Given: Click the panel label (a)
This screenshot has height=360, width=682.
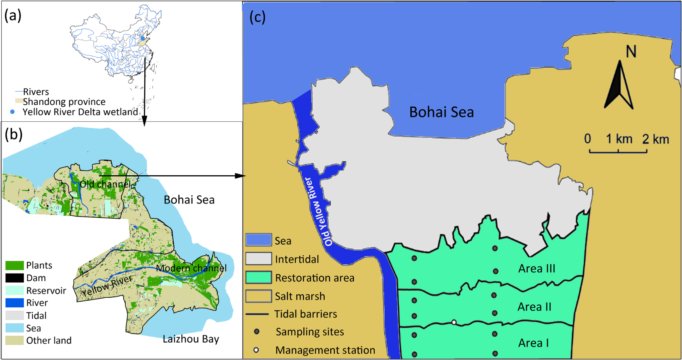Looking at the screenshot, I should tap(13, 15).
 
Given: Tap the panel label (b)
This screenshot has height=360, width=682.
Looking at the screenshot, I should tap(13, 134).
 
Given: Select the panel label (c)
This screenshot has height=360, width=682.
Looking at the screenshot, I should tap(257, 17).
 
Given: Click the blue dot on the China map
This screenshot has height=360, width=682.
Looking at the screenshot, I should tap(143, 38).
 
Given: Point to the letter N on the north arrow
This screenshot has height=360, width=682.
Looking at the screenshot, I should tap(631, 52).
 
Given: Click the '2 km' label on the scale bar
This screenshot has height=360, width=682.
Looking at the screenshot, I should tap(655, 139).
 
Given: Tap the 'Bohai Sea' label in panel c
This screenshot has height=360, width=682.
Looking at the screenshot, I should tap(441, 112).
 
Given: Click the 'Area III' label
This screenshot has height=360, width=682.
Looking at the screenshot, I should tap(536, 268).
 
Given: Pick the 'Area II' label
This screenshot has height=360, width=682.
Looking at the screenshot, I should tap(534, 306).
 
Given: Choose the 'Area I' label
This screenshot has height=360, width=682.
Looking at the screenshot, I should tap(533, 343).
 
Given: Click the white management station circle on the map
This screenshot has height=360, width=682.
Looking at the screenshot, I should tap(454, 322).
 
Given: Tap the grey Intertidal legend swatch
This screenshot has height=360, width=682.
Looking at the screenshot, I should tap(259, 259).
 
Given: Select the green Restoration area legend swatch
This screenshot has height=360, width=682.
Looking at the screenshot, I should tap(259, 278).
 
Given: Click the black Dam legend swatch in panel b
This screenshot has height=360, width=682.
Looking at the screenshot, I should tap(15, 278).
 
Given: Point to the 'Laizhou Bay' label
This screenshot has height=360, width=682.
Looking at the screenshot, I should tap(191, 339).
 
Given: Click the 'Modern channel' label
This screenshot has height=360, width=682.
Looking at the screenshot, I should tap(191, 268).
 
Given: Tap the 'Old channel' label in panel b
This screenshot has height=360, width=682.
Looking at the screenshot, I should tap(105, 184).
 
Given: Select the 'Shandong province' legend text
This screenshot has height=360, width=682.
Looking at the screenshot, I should tap(64, 102).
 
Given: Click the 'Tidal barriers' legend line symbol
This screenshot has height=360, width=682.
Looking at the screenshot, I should tap(257, 314).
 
